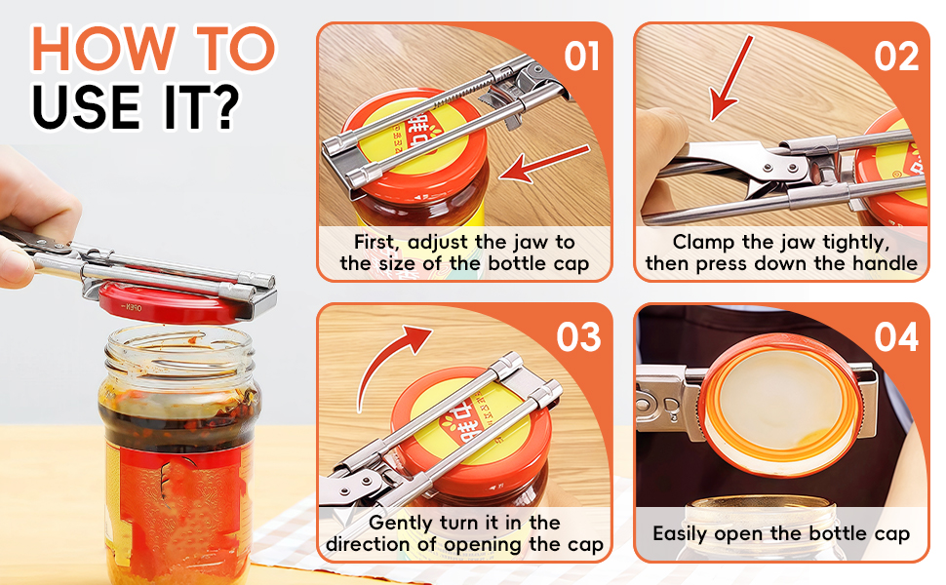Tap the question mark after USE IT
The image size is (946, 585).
click(x=223, y=107)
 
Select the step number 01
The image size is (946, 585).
click(x=581, y=57)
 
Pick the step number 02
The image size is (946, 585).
click(x=896, y=57)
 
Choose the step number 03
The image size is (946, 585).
click(x=578, y=337)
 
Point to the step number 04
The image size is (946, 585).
click(x=896, y=337)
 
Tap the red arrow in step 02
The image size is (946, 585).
click(x=731, y=78)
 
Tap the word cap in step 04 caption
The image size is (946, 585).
click(x=891, y=534)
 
